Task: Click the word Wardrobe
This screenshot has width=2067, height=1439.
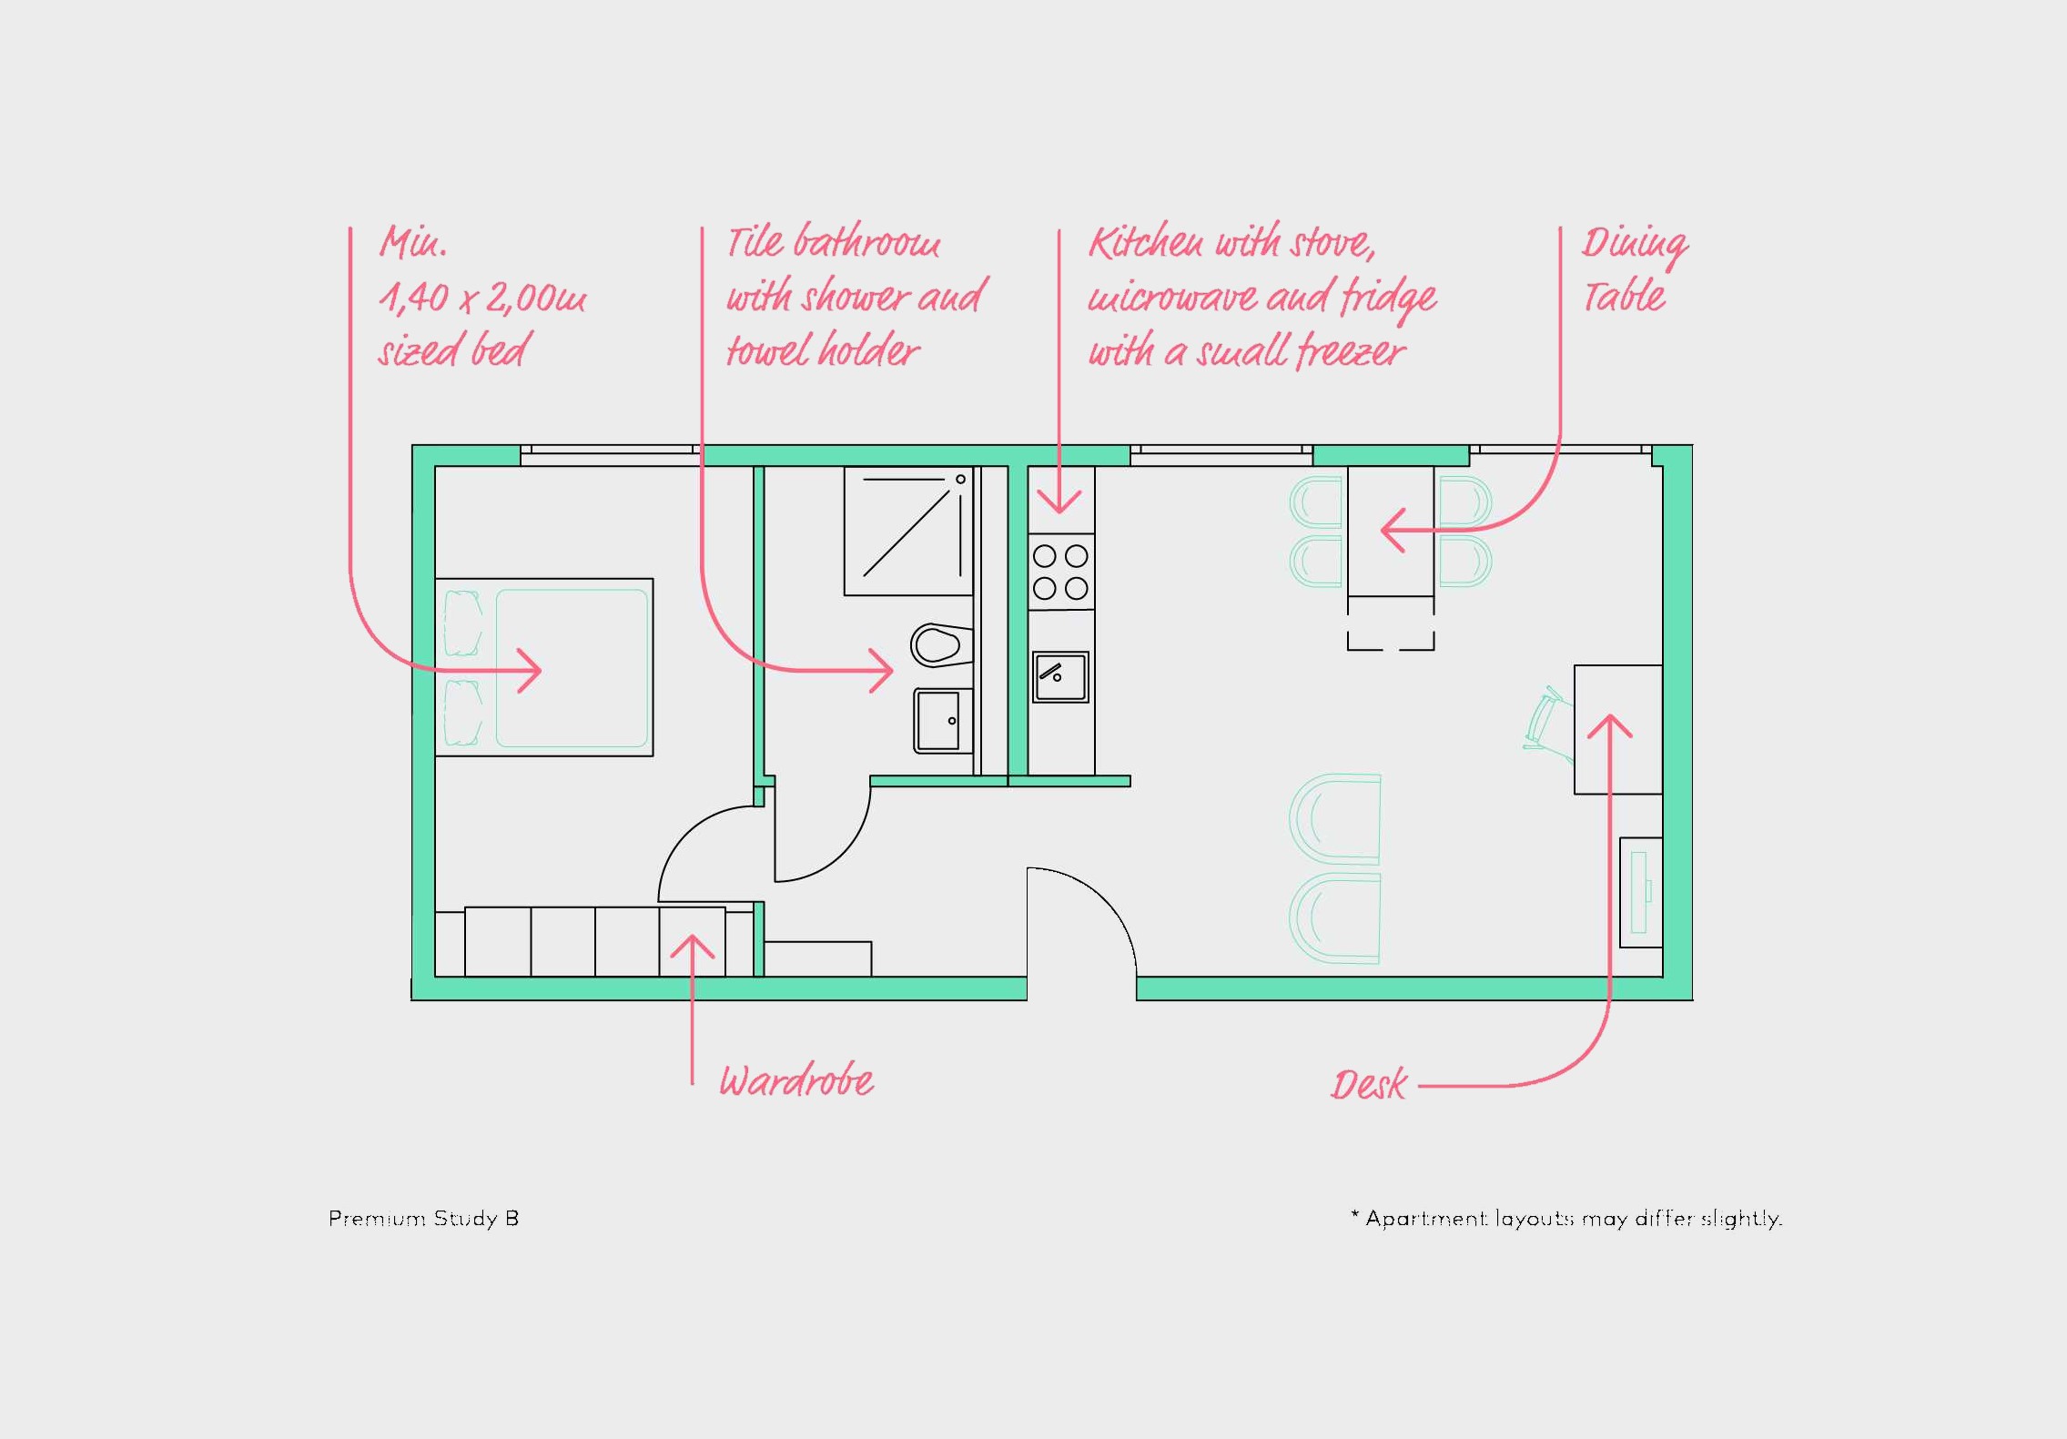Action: click(796, 1080)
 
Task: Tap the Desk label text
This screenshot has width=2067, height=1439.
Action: click(1368, 1084)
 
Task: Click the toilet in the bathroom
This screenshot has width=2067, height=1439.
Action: click(941, 645)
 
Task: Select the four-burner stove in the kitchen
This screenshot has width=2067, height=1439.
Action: click(1061, 572)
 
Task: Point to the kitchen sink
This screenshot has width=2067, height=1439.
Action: click(1060, 677)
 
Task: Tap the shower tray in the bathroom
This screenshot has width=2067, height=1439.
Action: click(908, 532)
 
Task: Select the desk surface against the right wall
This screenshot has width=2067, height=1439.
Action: click(1618, 729)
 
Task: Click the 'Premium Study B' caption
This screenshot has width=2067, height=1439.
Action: click(423, 1219)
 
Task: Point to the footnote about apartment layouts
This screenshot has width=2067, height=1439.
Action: click(1566, 1219)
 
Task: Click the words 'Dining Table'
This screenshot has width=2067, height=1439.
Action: click(1634, 269)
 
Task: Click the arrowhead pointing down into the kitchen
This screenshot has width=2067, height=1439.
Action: click(1059, 502)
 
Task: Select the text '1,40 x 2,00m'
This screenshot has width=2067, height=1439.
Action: click(482, 298)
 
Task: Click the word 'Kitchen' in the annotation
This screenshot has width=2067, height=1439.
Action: click(1147, 243)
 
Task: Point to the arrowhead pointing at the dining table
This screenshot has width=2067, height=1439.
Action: click(1393, 530)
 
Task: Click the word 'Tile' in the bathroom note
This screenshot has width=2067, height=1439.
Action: click(755, 242)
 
